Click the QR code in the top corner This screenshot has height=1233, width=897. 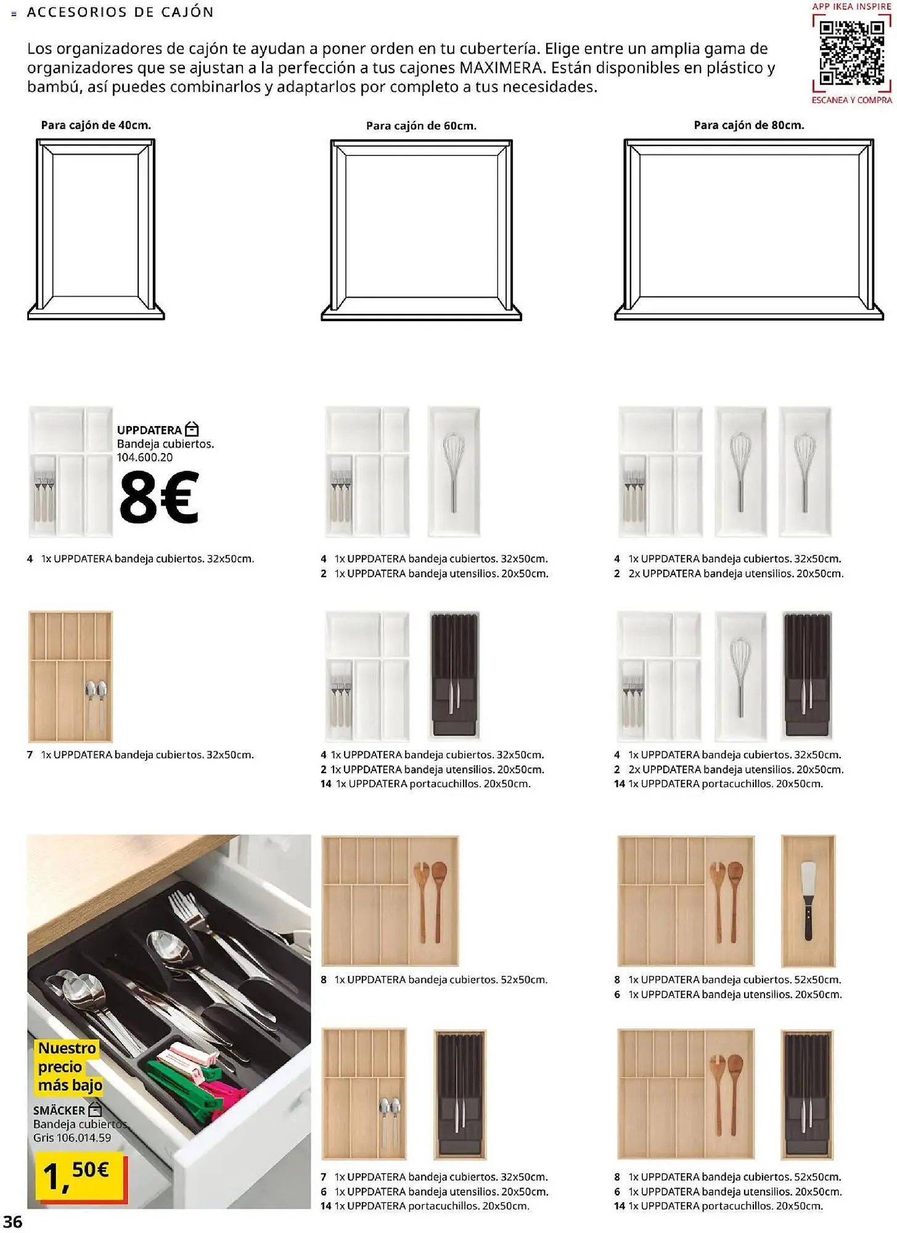point(851,53)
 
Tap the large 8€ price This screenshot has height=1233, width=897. point(159,498)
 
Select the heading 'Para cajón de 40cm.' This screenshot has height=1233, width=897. point(96,125)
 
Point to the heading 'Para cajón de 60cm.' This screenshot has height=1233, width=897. point(421,126)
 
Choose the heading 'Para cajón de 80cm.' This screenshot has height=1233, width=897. point(748,125)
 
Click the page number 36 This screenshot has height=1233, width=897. point(13,1222)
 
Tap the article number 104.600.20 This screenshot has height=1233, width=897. point(145,457)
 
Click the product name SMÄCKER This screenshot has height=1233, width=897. point(59,1110)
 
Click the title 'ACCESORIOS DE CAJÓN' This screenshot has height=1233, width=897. point(120,12)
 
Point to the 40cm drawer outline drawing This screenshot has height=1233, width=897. point(96,229)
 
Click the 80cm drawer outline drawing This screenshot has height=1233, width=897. point(748,229)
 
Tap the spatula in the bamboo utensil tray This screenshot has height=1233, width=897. point(808,900)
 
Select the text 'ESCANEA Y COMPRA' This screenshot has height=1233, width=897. point(851,100)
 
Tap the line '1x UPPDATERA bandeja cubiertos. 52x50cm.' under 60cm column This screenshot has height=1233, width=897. point(441,980)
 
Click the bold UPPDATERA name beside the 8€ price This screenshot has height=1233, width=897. point(149,430)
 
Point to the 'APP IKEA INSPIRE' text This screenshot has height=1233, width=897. point(851,6)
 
